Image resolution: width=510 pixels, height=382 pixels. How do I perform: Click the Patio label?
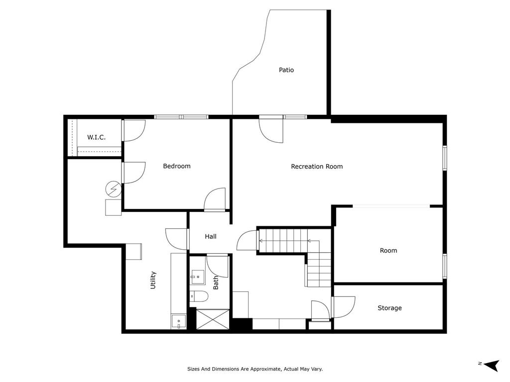[x=286, y=70]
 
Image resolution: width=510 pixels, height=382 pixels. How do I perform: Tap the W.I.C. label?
[x=96, y=137]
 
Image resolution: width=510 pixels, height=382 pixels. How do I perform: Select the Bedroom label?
[x=177, y=166]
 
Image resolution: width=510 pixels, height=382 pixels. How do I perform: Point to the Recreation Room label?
[x=317, y=166]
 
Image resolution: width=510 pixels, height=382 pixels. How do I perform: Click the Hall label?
[x=211, y=236]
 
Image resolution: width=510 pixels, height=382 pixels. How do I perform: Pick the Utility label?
[x=153, y=280]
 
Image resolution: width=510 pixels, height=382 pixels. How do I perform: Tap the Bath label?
[x=216, y=283]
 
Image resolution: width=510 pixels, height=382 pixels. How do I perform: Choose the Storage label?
[x=389, y=308]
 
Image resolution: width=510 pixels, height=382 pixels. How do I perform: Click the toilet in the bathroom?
[x=199, y=296]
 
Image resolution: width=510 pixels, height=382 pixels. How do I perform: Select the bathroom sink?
[x=197, y=277]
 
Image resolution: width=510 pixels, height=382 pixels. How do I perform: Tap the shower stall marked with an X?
[x=213, y=319]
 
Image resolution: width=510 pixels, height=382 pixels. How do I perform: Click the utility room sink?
[x=179, y=322]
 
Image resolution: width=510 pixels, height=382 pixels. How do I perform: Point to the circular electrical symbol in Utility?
[x=114, y=189]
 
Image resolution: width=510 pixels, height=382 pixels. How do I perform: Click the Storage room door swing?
[x=344, y=306]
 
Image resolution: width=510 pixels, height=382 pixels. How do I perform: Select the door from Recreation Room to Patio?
[x=271, y=130]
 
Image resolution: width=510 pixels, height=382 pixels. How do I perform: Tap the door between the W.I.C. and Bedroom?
[x=133, y=131]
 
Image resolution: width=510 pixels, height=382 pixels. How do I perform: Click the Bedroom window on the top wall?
[x=181, y=117]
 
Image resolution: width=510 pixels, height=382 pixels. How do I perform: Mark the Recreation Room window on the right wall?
[x=445, y=158]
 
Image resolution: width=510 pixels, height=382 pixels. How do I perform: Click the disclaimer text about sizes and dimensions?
[x=255, y=369]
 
